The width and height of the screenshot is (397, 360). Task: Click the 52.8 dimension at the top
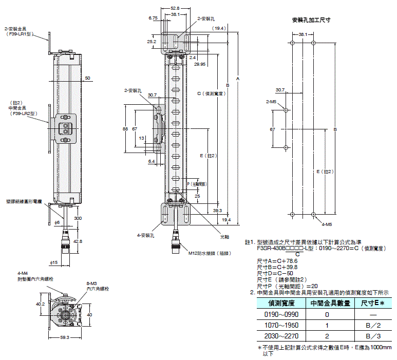[175, 8]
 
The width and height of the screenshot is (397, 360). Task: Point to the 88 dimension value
[125, 129]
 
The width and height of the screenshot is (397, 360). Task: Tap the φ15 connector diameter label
[53, 263]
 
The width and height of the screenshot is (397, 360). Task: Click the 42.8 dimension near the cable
[78, 241]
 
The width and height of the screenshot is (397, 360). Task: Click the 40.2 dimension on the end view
[40, 304]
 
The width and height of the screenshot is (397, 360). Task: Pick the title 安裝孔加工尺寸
[311, 21]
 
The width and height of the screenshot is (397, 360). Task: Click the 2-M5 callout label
[272, 102]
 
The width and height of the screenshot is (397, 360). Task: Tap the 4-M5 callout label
[326, 224]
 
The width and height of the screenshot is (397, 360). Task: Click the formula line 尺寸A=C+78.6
[277, 261]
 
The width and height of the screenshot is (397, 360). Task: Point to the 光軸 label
[224, 237]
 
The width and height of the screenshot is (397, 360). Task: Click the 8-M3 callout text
[92, 283]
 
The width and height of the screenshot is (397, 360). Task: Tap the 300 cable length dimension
[78, 218]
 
